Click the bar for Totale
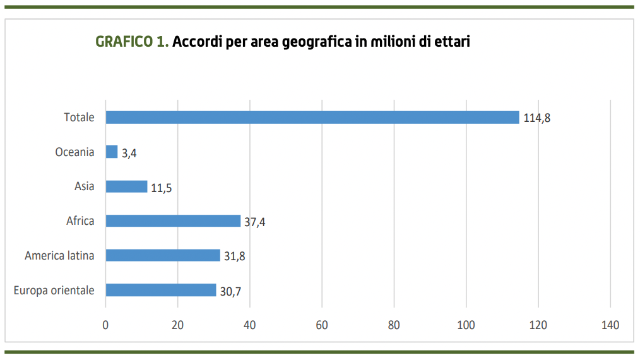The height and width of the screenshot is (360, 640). tap(312, 117)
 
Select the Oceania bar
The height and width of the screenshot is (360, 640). tap(112, 152)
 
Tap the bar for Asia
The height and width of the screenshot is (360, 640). tap(126, 187)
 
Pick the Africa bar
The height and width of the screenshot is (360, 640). tap(173, 221)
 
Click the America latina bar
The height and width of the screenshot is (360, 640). tap(163, 256)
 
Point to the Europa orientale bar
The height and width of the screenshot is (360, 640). tap(161, 290)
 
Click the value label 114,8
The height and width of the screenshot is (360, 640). tap(537, 118)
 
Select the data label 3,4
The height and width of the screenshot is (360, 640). tap(129, 153)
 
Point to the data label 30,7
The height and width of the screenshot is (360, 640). tap(230, 291)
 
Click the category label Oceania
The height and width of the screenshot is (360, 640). tap(74, 152)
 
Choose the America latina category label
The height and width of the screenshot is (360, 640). tap(59, 256)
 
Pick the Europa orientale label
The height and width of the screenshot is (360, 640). tap(54, 291)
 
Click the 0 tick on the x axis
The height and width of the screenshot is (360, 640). tap(105, 325)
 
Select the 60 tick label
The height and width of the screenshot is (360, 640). tap(322, 325)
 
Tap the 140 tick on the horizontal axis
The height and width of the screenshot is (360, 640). tap(610, 325)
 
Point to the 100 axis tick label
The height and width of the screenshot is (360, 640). tap(466, 325)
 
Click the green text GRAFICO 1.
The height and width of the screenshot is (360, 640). tap(132, 42)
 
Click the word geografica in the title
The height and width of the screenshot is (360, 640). tap(302, 43)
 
